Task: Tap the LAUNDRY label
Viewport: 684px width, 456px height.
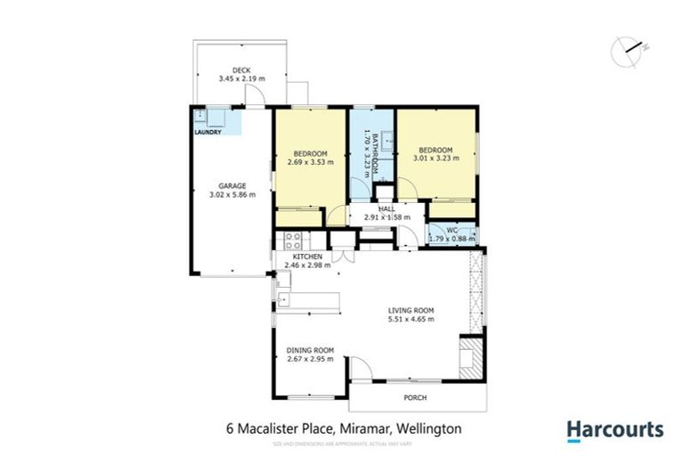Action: click(x=208, y=133)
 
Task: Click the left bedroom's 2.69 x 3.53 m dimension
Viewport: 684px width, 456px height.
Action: click(x=310, y=163)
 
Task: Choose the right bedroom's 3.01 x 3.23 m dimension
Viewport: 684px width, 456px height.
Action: click(x=436, y=159)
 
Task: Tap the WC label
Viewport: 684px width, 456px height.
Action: click(x=452, y=229)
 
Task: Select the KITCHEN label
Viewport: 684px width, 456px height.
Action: click(x=307, y=256)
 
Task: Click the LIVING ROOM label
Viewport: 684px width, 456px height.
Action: click(x=411, y=310)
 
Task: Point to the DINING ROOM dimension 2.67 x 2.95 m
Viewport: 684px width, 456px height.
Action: click(x=309, y=359)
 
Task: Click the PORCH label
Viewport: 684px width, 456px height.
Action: click(x=417, y=398)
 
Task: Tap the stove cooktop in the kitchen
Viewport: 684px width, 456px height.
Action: click(x=293, y=240)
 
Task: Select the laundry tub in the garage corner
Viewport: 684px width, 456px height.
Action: click(x=202, y=116)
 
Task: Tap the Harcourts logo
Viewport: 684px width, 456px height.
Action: click(x=615, y=430)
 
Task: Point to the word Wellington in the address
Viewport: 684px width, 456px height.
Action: click(x=429, y=429)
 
